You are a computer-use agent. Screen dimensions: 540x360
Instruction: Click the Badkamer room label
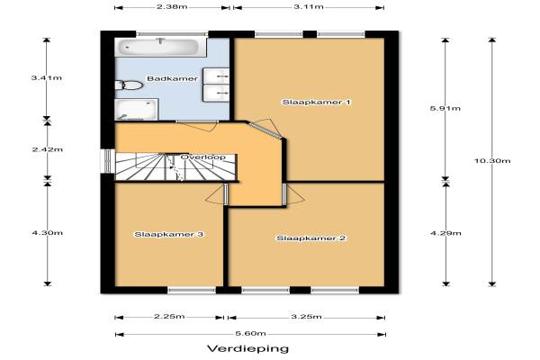[173, 78]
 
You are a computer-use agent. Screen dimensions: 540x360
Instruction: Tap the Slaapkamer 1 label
[317, 102]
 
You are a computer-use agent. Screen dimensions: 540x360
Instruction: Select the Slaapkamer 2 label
[311, 238]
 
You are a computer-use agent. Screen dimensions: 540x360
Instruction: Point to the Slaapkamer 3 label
[169, 234]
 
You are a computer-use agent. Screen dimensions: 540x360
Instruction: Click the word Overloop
[203, 157]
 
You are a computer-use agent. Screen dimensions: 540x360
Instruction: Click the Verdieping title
[248, 348]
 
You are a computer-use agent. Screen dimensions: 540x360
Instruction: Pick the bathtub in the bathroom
[160, 47]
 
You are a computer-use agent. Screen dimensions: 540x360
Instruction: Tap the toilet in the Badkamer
[129, 85]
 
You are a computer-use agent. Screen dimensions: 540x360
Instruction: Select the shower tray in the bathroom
[137, 110]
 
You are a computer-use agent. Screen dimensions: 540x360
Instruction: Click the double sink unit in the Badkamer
[216, 85]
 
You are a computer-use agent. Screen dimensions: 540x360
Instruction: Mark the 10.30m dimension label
[492, 161]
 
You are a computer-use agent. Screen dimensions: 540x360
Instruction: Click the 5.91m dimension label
[445, 108]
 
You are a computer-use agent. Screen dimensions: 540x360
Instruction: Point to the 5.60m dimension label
[251, 334]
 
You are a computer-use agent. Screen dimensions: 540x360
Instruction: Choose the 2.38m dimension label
[172, 6]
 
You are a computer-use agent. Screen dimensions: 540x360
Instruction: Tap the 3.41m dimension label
[47, 78]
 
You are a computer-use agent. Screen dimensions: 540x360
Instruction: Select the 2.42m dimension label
[48, 149]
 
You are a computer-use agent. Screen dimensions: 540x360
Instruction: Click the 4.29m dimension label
[445, 233]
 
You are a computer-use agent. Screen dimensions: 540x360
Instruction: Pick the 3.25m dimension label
[307, 317]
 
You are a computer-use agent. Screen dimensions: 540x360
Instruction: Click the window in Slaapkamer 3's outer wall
[192, 291]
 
